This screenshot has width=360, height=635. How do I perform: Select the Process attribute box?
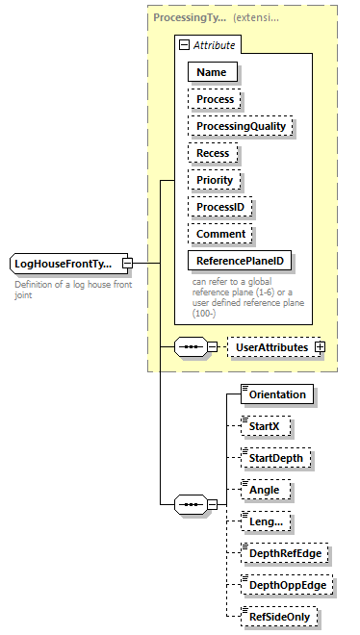click(215, 99)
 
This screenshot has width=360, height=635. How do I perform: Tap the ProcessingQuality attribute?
click(241, 126)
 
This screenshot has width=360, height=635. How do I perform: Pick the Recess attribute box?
click(214, 153)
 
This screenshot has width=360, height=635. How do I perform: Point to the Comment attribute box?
click(220, 234)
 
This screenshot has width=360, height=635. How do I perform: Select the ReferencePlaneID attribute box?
click(241, 261)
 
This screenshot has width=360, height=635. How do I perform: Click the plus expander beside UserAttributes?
click(320, 346)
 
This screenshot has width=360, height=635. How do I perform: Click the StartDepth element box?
click(277, 458)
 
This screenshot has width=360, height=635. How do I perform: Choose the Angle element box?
click(265, 490)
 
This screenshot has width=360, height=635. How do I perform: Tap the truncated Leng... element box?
click(265, 521)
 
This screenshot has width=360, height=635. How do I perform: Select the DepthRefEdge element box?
click(284, 553)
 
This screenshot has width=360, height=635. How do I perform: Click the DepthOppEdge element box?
click(285, 585)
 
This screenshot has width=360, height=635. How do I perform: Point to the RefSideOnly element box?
click(280, 617)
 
